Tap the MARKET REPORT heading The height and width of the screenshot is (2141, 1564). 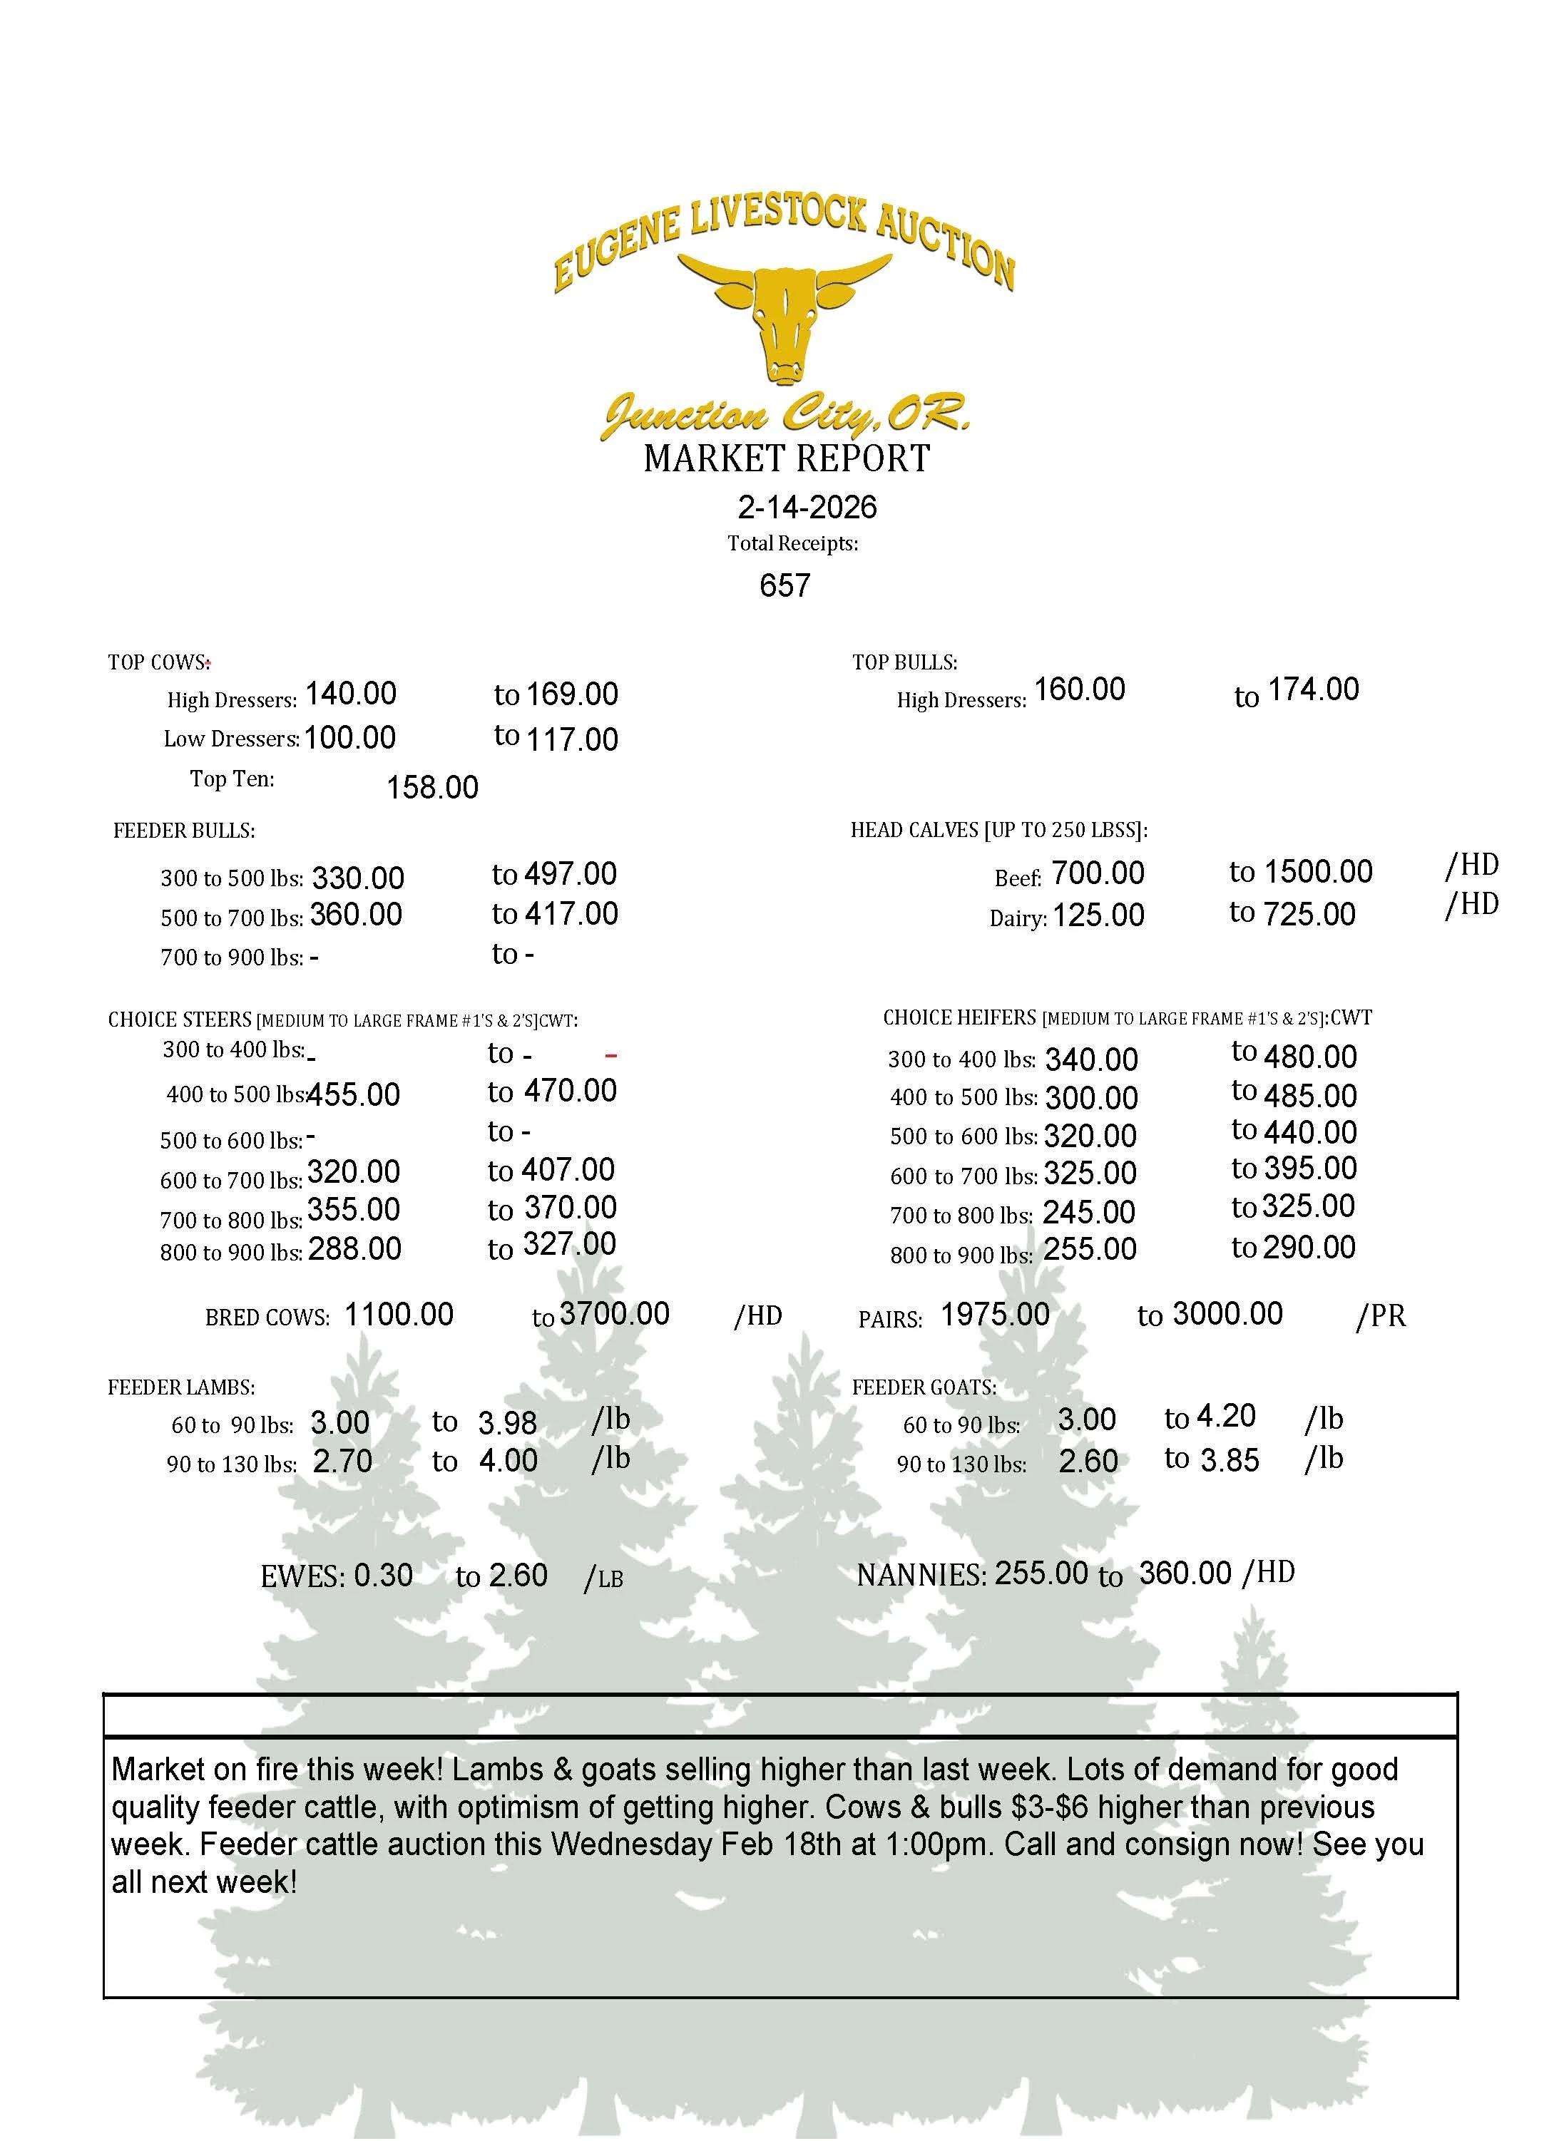pos(787,459)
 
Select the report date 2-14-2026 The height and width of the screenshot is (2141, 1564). pos(807,508)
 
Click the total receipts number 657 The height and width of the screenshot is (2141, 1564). pos(784,585)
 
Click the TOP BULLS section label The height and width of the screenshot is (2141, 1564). pos(904,662)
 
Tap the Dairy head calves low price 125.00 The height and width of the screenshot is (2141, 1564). pos(1098,915)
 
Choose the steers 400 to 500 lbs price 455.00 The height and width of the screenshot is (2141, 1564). pos(353,1095)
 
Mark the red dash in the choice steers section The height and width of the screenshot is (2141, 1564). pos(610,1055)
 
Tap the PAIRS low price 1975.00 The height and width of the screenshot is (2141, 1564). pos(995,1315)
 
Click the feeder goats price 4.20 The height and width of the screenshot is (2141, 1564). pos(1226,1416)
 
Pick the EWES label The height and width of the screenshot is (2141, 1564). pos(302,1576)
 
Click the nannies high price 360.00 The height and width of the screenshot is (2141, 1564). pos(1185,1573)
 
